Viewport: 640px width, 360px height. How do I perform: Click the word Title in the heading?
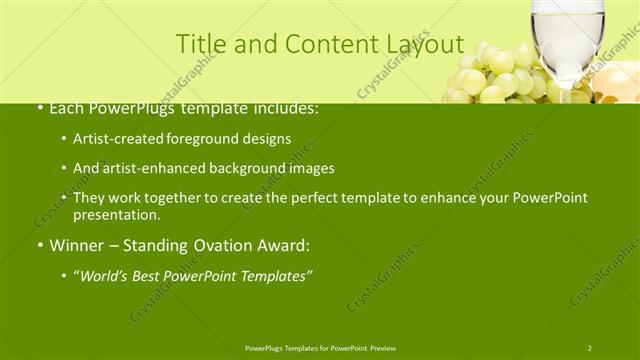click(198, 44)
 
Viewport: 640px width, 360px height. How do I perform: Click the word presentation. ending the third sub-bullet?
click(116, 215)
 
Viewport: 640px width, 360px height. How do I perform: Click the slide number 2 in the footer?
click(589, 347)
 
